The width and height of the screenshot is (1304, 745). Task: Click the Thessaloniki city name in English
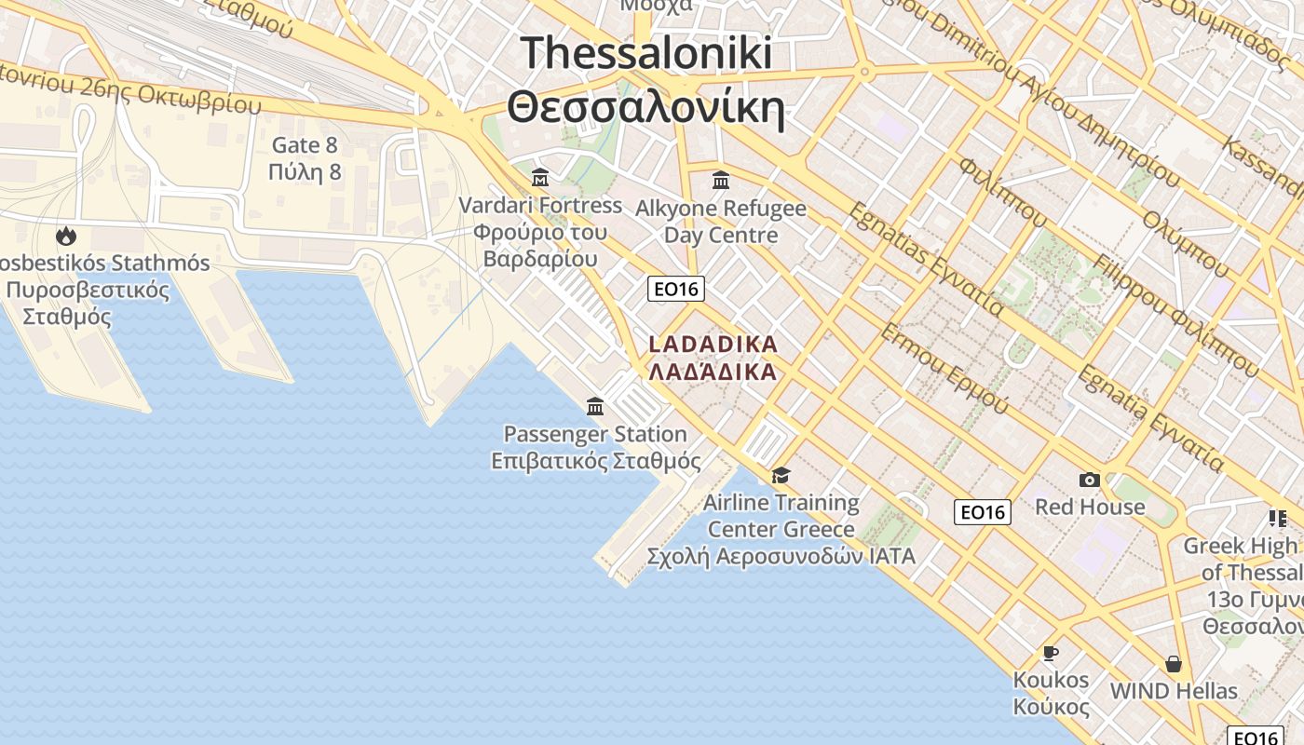646,53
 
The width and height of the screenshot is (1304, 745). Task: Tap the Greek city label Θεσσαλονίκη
646,107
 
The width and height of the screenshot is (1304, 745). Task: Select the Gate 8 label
305,145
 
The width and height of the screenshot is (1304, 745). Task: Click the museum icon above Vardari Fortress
540,177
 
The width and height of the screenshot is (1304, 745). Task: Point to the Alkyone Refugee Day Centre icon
721,179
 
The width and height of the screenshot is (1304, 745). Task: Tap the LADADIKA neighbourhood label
713,345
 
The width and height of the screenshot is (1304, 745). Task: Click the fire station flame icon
66,236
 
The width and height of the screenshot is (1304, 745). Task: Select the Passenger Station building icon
595,406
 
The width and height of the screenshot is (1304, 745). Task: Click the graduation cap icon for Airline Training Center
781,476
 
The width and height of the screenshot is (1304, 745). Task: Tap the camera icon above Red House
1089,481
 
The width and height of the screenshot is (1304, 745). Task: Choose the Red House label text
1090,507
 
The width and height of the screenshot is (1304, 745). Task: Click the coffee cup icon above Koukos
1051,653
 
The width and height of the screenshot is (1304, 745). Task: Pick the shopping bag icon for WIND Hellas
1174,664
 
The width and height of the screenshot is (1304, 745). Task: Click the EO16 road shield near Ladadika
676,289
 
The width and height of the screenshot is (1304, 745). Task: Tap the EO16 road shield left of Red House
983,511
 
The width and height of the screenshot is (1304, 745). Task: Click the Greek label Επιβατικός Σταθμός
596,460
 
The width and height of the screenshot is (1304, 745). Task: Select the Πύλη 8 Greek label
305,172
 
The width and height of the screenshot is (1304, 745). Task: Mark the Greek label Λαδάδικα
713,372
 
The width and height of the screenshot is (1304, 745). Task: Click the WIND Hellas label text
1174,691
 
